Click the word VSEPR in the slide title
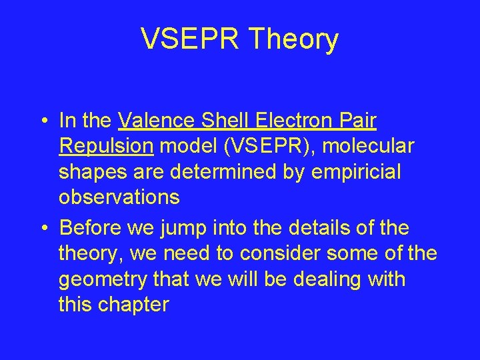191,39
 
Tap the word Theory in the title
293,39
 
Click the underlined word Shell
227,121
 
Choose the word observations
119,197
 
